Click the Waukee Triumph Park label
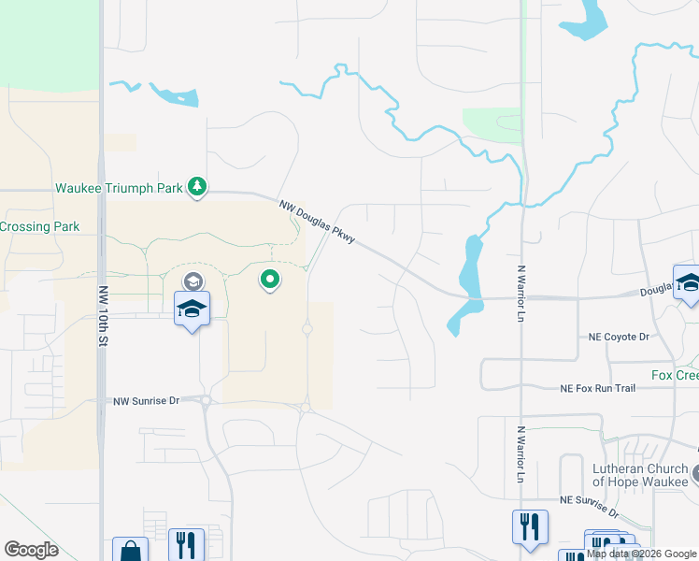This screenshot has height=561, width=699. (119, 188)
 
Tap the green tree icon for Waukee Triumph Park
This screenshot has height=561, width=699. (196, 188)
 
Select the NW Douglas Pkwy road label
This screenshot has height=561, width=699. (318, 223)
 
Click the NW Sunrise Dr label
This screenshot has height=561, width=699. (146, 400)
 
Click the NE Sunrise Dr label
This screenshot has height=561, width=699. (589, 507)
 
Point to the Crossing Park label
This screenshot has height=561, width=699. (40, 226)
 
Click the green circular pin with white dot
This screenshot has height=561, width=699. (270, 279)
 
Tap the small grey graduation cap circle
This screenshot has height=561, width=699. (193, 280)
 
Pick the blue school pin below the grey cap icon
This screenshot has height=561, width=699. (192, 309)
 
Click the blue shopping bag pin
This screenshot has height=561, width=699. (130, 551)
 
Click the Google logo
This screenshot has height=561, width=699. (32, 550)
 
